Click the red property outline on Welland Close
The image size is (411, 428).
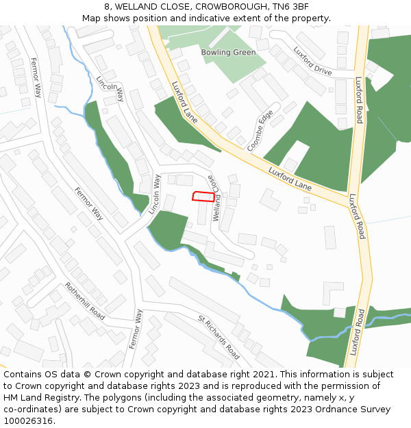pyautogui.click(x=203, y=197)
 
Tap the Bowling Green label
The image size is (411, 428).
pyautogui.click(x=228, y=52)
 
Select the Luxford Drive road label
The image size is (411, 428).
pyautogui.click(x=312, y=60)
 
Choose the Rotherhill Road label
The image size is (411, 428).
pyautogui.click(x=85, y=301)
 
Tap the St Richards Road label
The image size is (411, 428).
pyautogui.click(x=219, y=337)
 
